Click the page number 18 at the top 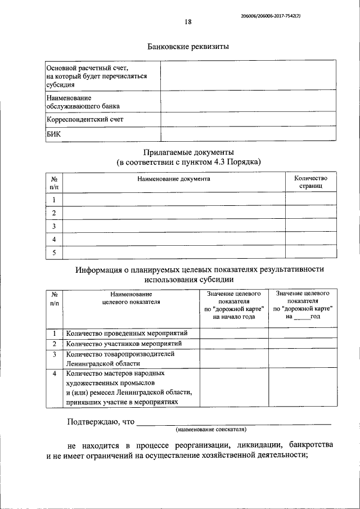tap(188, 22)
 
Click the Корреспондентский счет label tap(84, 119)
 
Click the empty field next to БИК tap(248, 134)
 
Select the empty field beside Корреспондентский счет tap(248, 119)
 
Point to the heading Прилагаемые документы tap(188, 152)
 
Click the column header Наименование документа tap(173, 178)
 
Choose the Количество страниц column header tap(310, 182)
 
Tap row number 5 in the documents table tap(54, 253)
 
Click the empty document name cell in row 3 tap(173, 226)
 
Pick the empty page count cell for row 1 tap(310, 200)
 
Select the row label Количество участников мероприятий tap(124, 344)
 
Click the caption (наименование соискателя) tap(211, 429)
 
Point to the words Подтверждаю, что tap(101, 421)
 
